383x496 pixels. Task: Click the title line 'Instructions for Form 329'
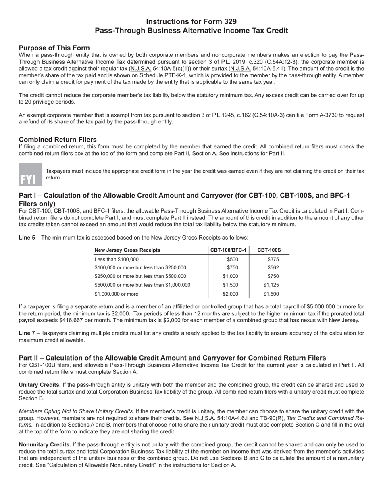(x=191, y=22)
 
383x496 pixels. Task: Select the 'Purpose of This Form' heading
(x=54, y=48)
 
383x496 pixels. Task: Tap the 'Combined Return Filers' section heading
(x=58, y=140)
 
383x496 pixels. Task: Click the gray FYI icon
(x=30, y=174)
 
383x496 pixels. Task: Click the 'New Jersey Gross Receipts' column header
(x=127, y=250)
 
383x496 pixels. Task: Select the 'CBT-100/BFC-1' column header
(x=229, y=250)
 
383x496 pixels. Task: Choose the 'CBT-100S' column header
(x=269, y=250)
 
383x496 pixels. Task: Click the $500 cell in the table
(x=233, y=259)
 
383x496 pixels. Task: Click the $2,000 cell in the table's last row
(x=230, y=294)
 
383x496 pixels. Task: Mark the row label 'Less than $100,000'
(x=117, y=259)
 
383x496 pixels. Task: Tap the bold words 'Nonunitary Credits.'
(x=45, y=444)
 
